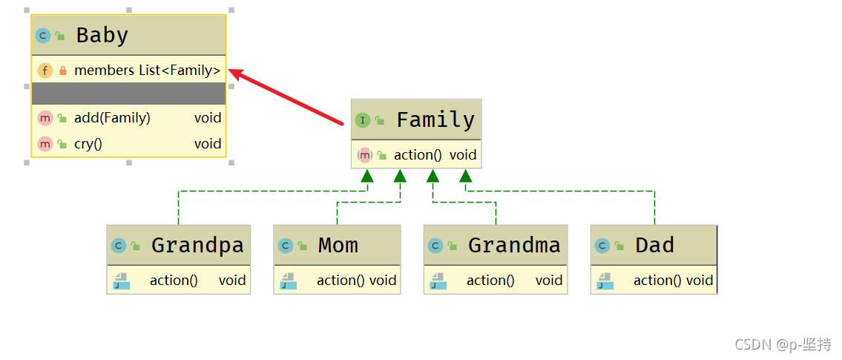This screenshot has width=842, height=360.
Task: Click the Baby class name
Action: pyautogui.click(x=102, y=35)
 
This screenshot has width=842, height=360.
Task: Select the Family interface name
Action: pyautogui.click(x=435, y=120)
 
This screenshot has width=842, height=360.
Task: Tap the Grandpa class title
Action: pyautogui.click(x=197, y=245)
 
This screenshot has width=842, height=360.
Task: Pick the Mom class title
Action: pyautogui.click(x=338, y=245)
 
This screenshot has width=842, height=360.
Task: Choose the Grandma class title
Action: pyautogui.click(x=514, y=245)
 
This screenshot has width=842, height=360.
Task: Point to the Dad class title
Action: pyautogui.click(x=654, y=245)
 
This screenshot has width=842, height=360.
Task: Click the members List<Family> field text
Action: pyautogui.click(x=147, y=71)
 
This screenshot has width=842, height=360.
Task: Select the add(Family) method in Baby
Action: pyautogui.click(x=112, y=117)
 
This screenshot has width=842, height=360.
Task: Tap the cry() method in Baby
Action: pyautogui.click(x=88, y=143)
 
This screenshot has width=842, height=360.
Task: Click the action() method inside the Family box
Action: pyautogui.click(x=418, y=154)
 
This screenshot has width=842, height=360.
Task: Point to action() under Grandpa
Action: pyautogui.click(x=174, y=280)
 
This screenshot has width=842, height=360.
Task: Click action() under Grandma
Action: pyautogui.click(x=490, y=280)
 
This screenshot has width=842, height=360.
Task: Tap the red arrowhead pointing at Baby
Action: pyautogui.click(x=236, y=72)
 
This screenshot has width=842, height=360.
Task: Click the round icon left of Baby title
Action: pyautogui.click(x=43, y=35)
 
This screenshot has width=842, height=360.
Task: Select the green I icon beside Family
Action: pyautogui.click(x=363, y=120)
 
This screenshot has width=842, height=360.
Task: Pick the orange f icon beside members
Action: pyautogui.click(x=45, y=71)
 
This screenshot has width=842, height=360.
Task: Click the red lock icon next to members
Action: pyautogui.click(x=62, y=71)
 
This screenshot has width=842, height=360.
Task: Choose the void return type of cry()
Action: pyautogui.click(x=208, y=143)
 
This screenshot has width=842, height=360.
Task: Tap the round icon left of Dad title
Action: pyautogui.click(x=602, y=246)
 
